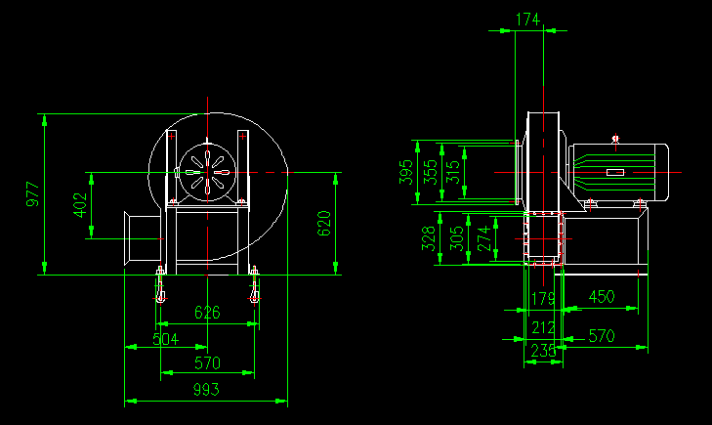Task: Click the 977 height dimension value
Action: tap(32, 194)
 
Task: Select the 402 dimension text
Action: tap(80, 204)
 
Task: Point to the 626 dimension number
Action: tap(207, 313)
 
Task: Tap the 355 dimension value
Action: tap(431, 173)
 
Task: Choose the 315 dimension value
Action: tap(452, 173)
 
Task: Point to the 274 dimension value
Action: tap(485, 238)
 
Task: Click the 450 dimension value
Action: tap(601, 297)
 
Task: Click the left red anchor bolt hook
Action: tap(160, 289)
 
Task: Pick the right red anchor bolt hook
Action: tap(255, 289)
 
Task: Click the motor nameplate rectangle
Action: tap(615, 173)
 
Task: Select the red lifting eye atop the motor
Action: tap(615, 140)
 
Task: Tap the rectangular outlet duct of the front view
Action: tap(141, 237)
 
